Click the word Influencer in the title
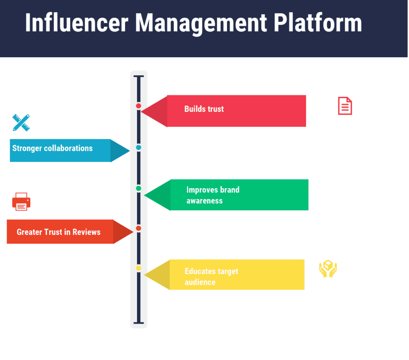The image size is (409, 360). click(76, 23)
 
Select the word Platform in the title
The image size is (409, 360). click(318, 23)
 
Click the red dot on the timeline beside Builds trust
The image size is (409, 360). click(139, 106)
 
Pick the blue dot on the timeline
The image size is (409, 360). click(139, 147)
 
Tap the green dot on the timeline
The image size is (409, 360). click(139, 189)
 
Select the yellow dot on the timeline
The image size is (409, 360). click(139, 268)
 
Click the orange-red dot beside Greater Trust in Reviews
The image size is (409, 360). click(139, 228)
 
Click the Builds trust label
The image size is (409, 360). click(204, 109)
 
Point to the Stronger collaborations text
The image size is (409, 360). click(52, 148)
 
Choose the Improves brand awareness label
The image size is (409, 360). click(213, 195)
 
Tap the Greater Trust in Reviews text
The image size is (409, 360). click(58, 232)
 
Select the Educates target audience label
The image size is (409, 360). click(211, 277)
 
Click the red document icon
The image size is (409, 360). click(345, 106)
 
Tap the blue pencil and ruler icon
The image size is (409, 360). click(21, 123)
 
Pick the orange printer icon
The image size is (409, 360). click(21, 202)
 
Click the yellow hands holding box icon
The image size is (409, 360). click(328, 269)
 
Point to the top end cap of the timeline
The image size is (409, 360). click(139, 76)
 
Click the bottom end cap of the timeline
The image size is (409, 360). click(139, 323)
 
